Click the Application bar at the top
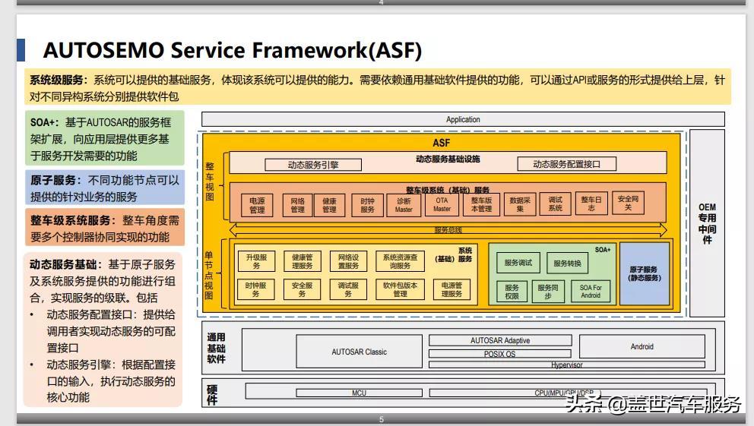[463, 119]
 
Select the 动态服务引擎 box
[313, 164]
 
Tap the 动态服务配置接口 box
[565, 164]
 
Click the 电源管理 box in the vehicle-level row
[258, 205]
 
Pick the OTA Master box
[442, 204]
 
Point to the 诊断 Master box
[404, 205]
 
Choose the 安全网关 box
[628, 204]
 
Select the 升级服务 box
[256, 261]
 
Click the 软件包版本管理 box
[401, 289]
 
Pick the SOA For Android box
[591, 292]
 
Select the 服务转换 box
[567, 263]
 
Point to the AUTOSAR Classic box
[359, 352]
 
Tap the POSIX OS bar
[499, 354]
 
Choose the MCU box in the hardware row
[359, 393]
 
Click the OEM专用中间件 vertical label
[707, 223]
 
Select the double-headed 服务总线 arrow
[448, 229]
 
